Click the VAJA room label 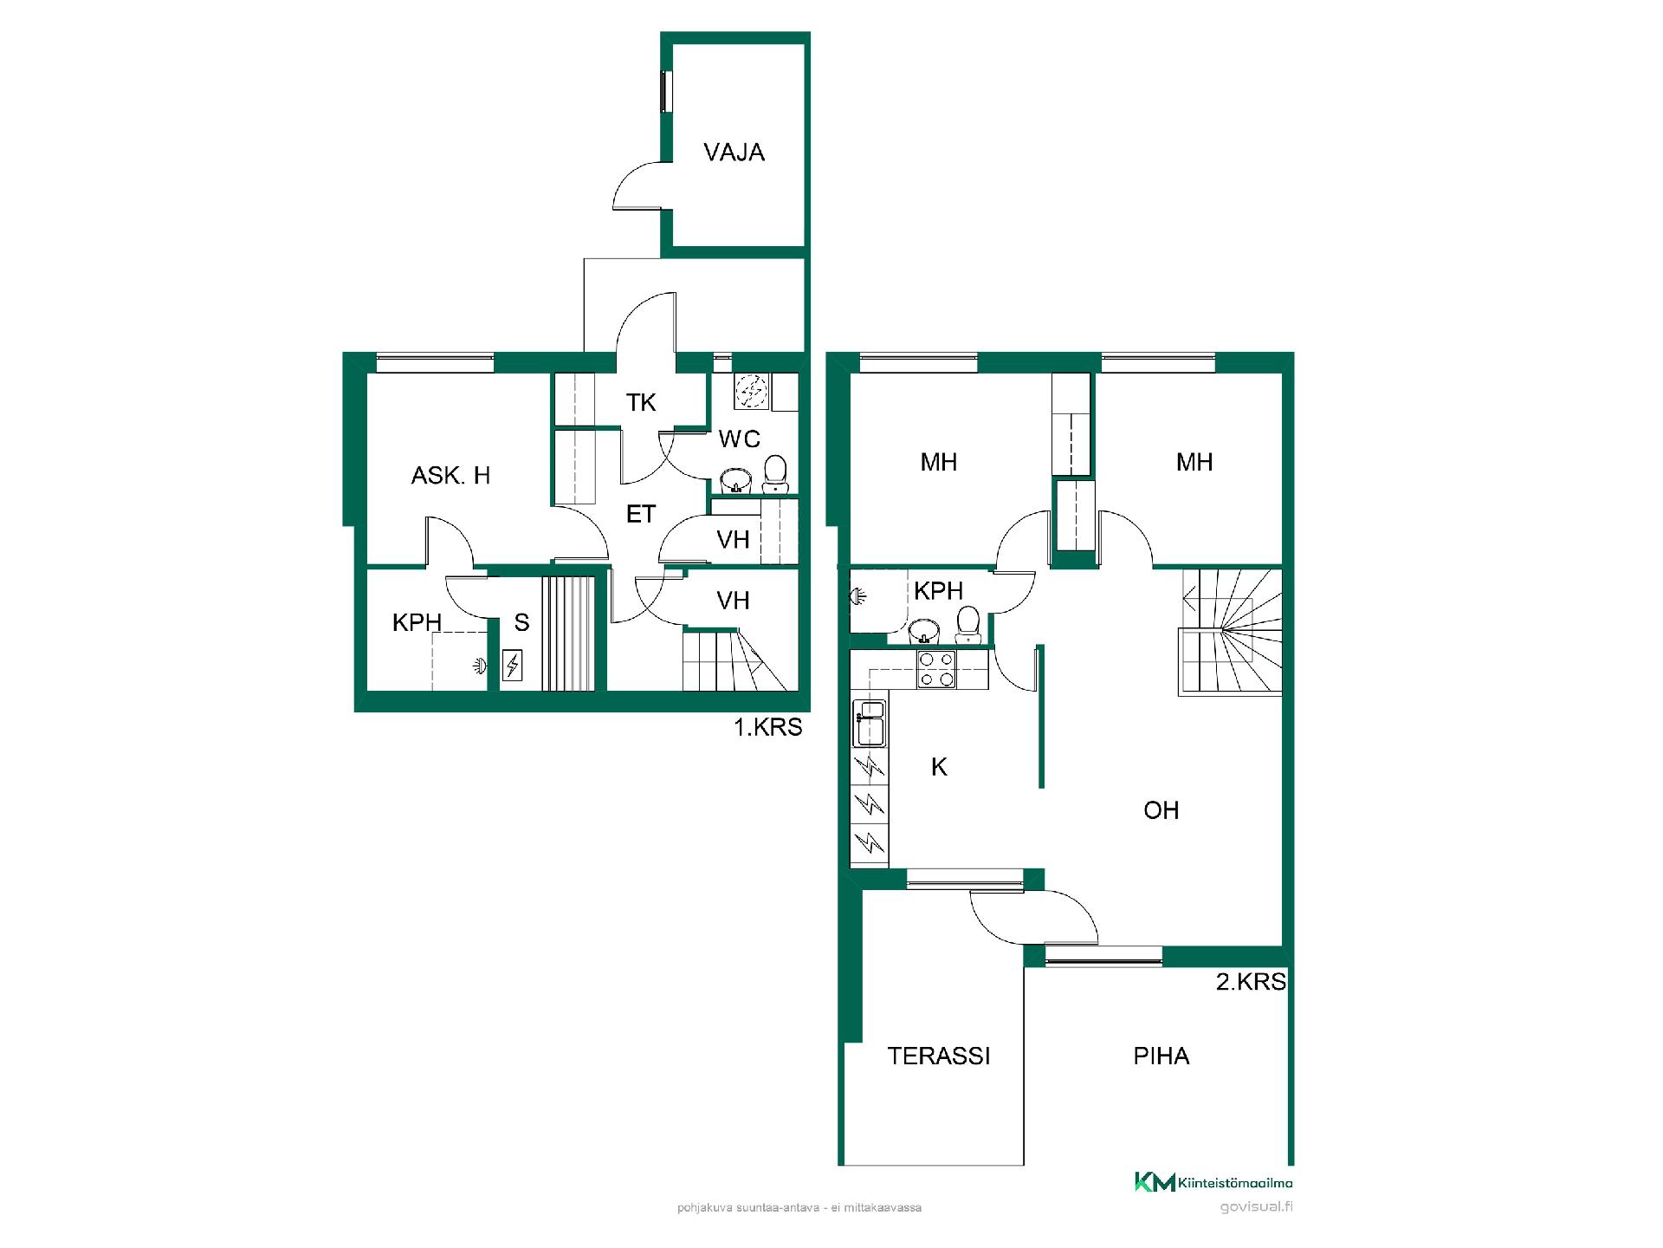(x=734, y=153)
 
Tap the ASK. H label (x=450, y=475)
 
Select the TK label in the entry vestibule (x=641, y=402)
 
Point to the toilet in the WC (x=775, y=473)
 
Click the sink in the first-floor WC (x=737, y=480)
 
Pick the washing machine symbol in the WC (x=750, y=391)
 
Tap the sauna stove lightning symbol (x=513, y=666)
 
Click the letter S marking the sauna (x=521, y=622)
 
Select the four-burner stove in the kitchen (x=936, y=669)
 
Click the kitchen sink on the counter (x=869, y=723)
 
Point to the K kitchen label (x=939, y=766)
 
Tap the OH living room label (x=1162, y=810)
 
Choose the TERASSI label (x=939, y=1056)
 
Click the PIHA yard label (x=1162, y=1056)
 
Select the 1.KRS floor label (x=768, y=727)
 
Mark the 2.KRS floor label (x=1251, y=982)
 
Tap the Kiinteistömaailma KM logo (x=1213, y=1182)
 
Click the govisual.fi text (x=1256, y=1207)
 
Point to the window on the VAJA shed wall (x=666, y=91)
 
